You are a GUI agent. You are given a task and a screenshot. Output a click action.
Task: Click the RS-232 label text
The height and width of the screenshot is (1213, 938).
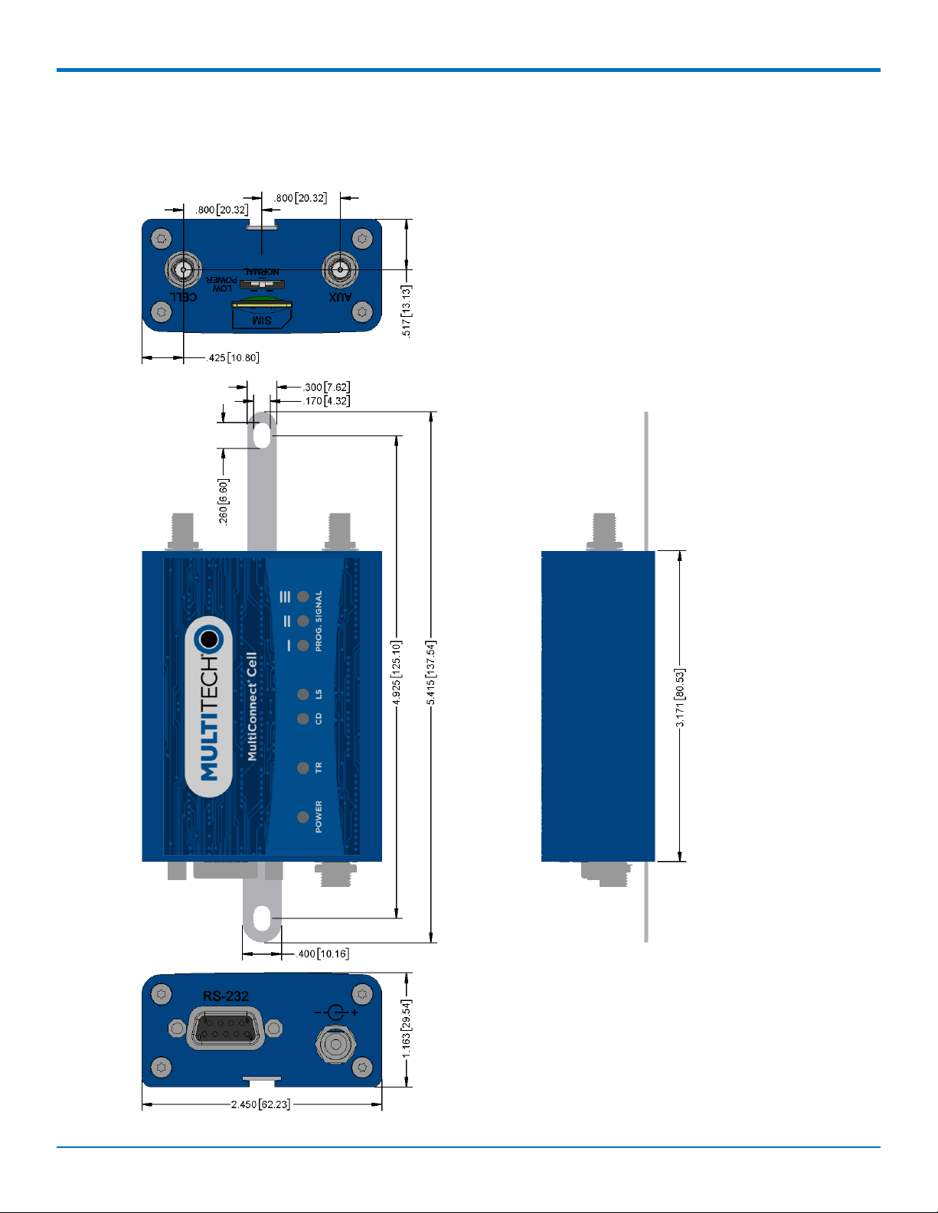[x=225, y=996]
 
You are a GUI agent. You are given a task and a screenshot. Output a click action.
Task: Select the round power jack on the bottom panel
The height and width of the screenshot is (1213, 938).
[x=334, y=1045]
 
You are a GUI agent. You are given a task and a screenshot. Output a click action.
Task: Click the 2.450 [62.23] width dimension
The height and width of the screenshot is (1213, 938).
[x=260, y=1104]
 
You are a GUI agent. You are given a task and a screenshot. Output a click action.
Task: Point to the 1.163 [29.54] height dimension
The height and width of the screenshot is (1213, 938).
[x=407, y=1029]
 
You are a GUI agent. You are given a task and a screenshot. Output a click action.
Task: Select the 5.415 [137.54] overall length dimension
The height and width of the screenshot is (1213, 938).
[x=432, y=673]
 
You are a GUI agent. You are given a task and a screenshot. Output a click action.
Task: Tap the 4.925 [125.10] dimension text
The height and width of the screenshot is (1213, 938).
[x=396, y=673]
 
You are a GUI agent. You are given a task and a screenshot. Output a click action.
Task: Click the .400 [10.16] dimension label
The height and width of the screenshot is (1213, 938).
[x=322, y=954]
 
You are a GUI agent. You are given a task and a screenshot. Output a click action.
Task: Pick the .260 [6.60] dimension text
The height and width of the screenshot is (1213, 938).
[x=223, y=501]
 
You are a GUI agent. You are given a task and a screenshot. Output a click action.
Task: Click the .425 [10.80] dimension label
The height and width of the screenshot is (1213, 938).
[x=234, y=357]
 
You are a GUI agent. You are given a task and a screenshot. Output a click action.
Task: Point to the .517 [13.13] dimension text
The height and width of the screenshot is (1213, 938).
[x=407, y=311]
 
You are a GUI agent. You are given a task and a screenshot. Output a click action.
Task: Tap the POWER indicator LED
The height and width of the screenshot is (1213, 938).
[x=303, y=817]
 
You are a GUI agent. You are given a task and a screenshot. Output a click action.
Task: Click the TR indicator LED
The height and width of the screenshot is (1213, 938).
[x=303, y=768]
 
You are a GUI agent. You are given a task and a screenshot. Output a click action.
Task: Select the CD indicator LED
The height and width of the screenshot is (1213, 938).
[x=303, y=719]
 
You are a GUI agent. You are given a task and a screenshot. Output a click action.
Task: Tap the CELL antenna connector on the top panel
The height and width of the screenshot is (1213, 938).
[x=183, y=269]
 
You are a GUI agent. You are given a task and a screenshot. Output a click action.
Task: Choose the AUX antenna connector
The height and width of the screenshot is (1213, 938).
[x=340, y=269]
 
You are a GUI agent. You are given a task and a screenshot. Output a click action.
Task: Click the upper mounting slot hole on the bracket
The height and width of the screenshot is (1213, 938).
[x=262, y=435]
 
